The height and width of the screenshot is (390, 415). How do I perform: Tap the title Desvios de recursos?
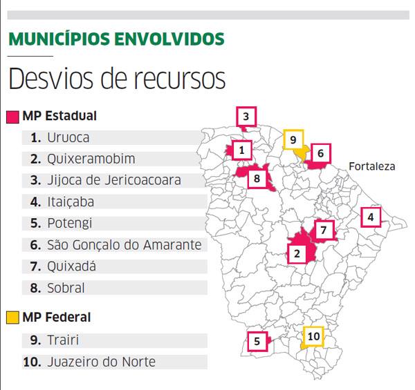tap(117, 78)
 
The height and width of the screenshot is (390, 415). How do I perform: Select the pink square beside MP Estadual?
tap(12, 116)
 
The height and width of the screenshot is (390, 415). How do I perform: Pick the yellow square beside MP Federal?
tap(12, 318)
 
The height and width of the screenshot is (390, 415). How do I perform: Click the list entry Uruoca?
tap(68, 137)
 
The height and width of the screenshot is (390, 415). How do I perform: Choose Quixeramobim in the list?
tap(91, 159)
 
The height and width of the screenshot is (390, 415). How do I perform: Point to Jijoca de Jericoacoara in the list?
tap(114, 180)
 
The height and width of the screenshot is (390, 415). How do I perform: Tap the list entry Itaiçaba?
tap(71, 202)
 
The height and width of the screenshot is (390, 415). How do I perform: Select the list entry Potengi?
tap(70, 223)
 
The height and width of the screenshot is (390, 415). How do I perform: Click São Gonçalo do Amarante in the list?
tap(124, 245)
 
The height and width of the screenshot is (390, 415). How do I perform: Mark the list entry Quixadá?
tap(72, 266)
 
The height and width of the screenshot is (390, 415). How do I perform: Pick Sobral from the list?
tap(66, 288)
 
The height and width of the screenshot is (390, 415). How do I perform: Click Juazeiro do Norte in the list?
tap(102, 362)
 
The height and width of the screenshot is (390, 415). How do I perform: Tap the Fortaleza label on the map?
tap(372, 166)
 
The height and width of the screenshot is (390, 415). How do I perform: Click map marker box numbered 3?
tap(246, 117)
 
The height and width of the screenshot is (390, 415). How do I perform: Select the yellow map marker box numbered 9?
tap(293, 140)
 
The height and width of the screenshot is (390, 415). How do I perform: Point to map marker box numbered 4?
tap(371, 217)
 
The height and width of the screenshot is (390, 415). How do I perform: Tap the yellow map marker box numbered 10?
tap(313, 336)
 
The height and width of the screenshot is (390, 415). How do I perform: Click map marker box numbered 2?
tap(297, 253)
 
